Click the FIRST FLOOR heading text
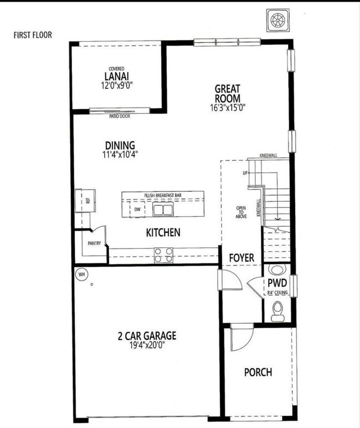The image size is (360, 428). click(x=33, y=35)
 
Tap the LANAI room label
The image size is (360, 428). click(x=116, y=77)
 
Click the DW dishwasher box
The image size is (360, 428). click(x=137, y=210)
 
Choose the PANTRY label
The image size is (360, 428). click(x=94, y=243)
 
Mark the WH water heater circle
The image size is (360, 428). click(x=81, y=274)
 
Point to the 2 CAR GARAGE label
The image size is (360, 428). click(x=147, y=335)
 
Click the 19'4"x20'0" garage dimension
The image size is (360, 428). click(x=147, y=345)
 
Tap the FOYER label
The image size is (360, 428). click(x=241, y=258)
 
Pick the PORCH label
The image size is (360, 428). click(x=258, y=372)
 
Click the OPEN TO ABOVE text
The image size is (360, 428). click(x=241, y=212)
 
